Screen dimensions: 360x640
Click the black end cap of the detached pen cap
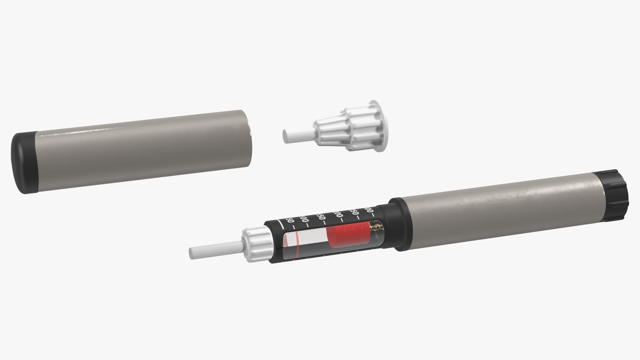(x=23, y=163)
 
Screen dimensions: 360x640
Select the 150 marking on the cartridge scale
(x=321, y=217)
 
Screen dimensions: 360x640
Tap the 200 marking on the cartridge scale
(x=339, y=214)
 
